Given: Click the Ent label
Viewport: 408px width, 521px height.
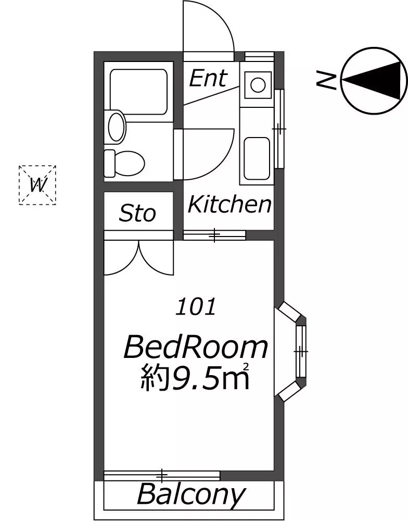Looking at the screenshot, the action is click(x=208, y=79).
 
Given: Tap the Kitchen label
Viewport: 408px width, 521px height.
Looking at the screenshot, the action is click(x=229, y=204).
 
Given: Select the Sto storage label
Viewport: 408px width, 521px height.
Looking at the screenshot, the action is click(x=137, y=213).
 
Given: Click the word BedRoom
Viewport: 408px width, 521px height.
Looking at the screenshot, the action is click(x=196, y=348).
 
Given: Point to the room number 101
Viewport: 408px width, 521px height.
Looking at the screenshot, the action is click(x=196, y=307).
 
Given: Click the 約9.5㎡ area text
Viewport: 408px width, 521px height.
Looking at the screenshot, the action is click(x=195, y=377).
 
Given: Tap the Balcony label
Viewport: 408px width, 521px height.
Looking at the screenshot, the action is click(x=191, y=495).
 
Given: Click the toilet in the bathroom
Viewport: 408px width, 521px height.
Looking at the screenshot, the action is click(x=124, y=163).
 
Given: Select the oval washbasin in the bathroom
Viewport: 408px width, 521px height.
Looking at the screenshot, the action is click(x=117, y=127).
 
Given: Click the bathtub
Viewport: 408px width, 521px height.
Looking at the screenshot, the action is click(x=138, y=92).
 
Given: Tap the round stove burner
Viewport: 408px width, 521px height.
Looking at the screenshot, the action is click(x=257, y=84).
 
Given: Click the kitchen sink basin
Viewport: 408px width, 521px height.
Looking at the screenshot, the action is click(x=256, y=159).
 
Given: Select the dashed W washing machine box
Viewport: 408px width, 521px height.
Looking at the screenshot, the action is click(x=37, y=185).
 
